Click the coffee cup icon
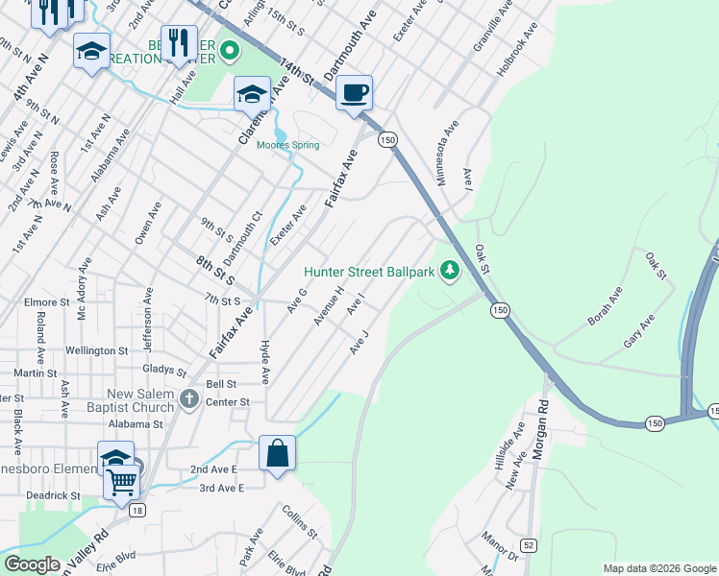355,93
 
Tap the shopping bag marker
277,454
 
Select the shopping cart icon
122,482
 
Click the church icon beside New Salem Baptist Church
189,398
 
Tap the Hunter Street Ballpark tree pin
449,272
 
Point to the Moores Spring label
287,146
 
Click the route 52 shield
530,545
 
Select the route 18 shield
138,511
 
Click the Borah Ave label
606,304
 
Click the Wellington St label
98,351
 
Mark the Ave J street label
359,341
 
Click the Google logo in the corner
33,564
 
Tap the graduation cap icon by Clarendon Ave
252,94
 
